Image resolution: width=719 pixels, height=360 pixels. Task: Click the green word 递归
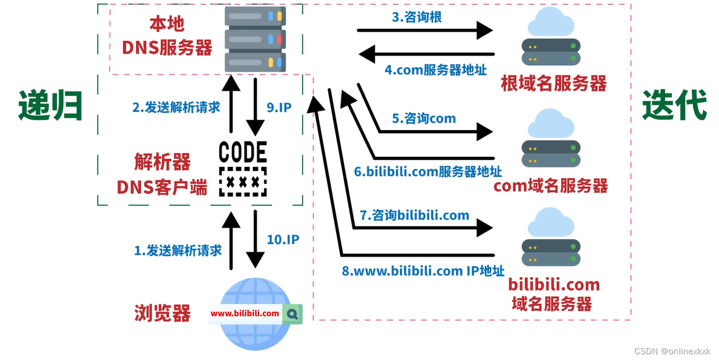click(x=50, y=105)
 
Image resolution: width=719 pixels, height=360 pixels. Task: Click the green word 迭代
click(x=674, y=105)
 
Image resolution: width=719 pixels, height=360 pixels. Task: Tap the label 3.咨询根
click(x=416, y=17)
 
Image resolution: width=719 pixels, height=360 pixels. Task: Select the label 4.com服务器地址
click(x=435, y=70)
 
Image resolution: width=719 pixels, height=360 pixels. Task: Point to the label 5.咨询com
click(x=424, y=119)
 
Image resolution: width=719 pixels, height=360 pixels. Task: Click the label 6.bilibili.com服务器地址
click(x=428, y=171)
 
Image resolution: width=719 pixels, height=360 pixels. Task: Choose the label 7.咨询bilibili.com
click(x=415, y=215)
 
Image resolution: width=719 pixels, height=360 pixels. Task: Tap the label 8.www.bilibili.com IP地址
click(x=423, y=271)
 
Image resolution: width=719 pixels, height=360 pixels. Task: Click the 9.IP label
click(x=279, y=107)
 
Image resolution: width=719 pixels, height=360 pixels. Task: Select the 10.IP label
click(x=283, y=240)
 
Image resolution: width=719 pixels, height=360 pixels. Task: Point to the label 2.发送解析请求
click(x=176, y=107)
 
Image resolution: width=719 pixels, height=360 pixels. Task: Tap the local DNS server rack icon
click(x=255, y=39)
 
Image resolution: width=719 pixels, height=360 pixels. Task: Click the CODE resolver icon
click(x=243, y=169)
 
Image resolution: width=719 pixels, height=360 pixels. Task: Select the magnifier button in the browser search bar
click(x=292, y=313)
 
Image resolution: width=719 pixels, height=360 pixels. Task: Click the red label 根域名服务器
click(x=553, y=84)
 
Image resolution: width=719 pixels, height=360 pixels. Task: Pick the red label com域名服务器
click(x=550, y=186)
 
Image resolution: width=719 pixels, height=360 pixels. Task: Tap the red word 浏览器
click(x=162, y=313)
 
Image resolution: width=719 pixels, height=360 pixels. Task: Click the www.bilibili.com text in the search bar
click(x=245, y=313)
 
